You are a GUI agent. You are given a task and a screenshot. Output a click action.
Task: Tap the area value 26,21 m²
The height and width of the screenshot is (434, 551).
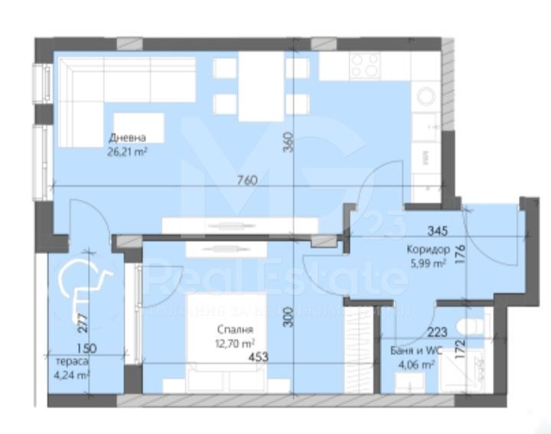pos(128,152)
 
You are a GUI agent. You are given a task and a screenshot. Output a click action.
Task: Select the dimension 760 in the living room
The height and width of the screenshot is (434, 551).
pos(246,180)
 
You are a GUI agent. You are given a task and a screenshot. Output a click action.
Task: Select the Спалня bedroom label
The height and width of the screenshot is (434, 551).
pos(234,330)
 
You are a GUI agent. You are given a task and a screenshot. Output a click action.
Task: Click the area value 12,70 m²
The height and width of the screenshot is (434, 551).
pos(235,343)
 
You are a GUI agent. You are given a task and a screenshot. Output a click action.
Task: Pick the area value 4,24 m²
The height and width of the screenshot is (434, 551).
pos(73,375)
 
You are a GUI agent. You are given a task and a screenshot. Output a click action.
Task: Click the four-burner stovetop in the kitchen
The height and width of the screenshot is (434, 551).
pos(364,66)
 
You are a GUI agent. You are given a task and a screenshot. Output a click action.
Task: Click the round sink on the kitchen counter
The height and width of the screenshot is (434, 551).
pos(425,96)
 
